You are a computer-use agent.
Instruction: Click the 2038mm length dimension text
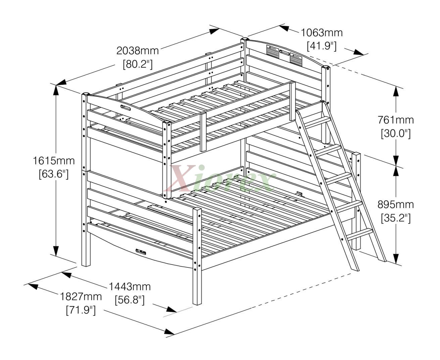tap(137, 51)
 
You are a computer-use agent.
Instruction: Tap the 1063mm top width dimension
tap(321, 33)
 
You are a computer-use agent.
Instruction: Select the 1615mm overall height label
tap(54, 161)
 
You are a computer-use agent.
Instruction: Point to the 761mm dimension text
tap(396, 120)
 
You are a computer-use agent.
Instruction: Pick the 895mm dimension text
tap(396, 204)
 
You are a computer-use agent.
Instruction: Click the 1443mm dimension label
tap(130, 287)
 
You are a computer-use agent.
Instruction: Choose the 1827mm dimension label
tap(81, 297)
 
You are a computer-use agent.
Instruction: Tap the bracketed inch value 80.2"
tap(137, 64)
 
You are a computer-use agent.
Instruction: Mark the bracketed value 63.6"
tap(54, 174)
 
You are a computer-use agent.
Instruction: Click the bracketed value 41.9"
tap(321, 46)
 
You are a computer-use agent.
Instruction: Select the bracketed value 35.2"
tap(396, 217)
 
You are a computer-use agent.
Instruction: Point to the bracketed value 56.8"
tap(130, 300)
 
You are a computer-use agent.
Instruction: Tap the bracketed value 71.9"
tap(81, 310)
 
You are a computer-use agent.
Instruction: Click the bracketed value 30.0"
tap(396, 133)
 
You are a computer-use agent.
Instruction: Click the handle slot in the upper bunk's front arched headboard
tap(126, 108)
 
